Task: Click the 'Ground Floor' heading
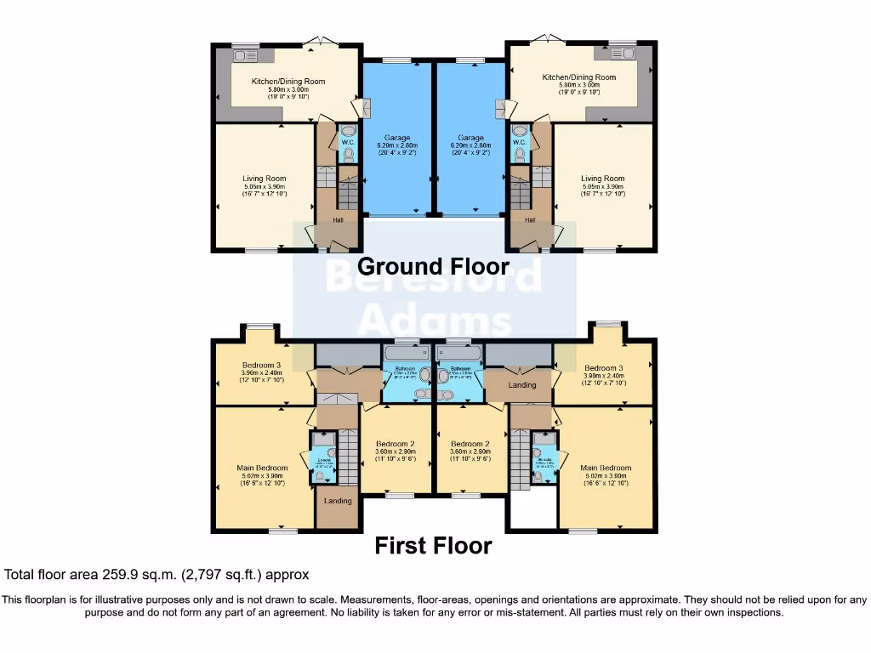click(x=433, y=266)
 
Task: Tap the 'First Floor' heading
click(x=433, y=545)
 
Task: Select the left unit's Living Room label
click(x=265, y=179)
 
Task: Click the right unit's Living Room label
click(x=602, y=179)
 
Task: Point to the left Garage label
click(x=397, y=138)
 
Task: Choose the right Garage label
click(x=470, y=138)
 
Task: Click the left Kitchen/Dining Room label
click(x=288, y=82)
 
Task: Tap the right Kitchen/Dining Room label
click(x=579, y=77)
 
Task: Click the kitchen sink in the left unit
click(x=245, y=56)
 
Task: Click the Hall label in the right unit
click(x=530, y=219)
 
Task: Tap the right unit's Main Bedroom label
click(x=606, y=468)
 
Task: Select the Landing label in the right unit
click(x=522, y=385)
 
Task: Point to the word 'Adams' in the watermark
click(x=435, y=322)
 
